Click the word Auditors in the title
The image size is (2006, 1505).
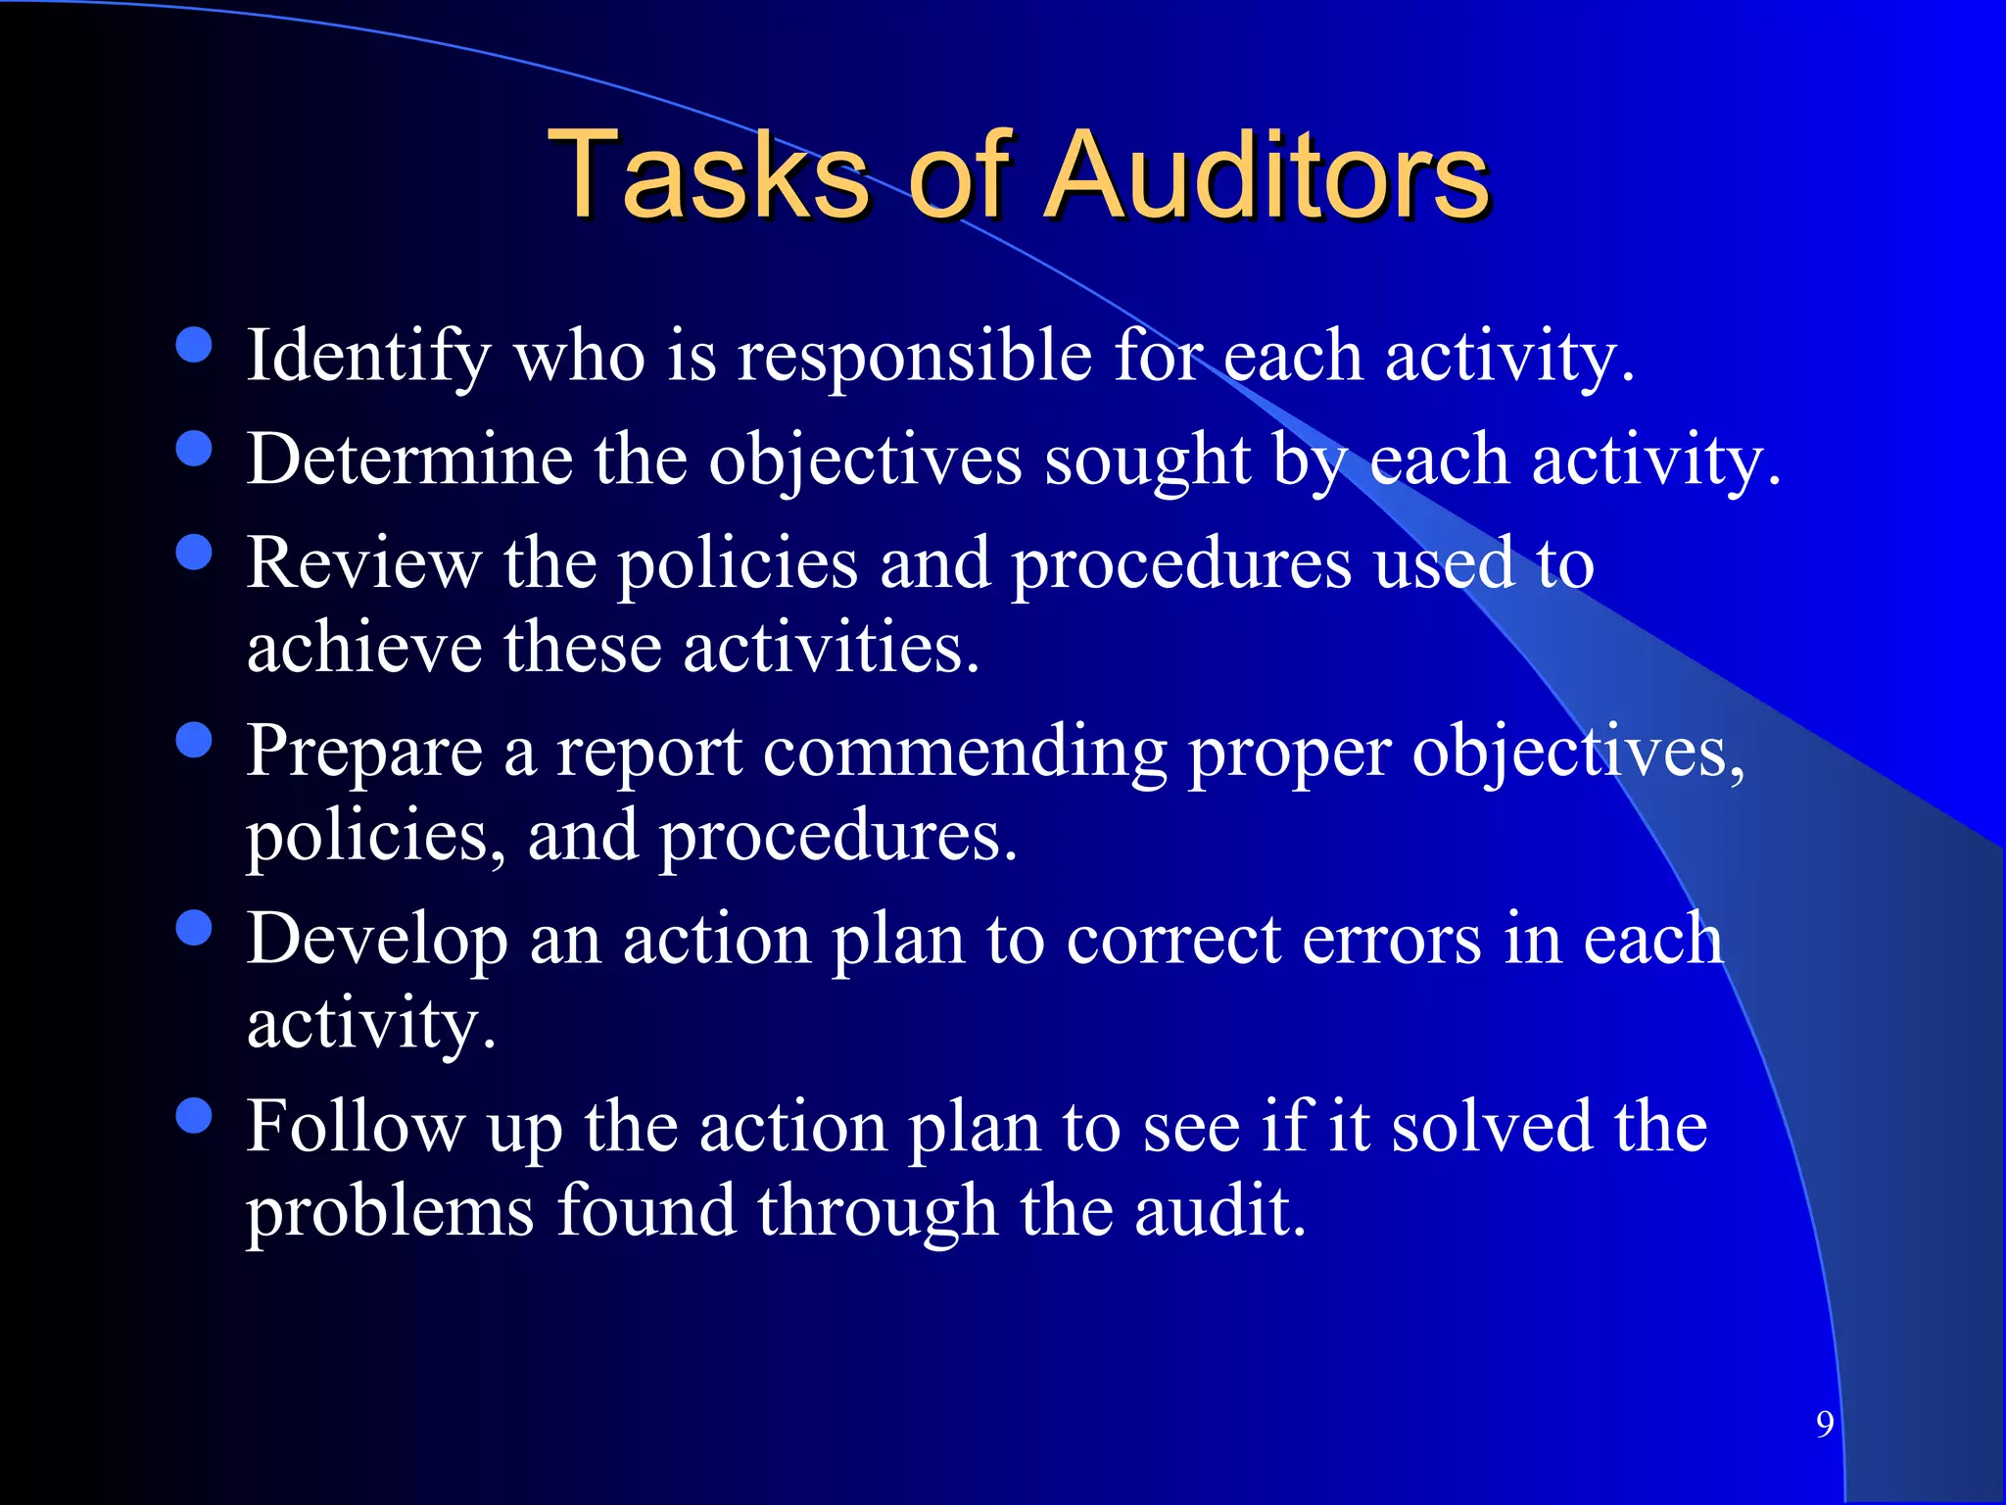[1267, 176]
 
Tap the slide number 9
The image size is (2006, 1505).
[1825, 1424]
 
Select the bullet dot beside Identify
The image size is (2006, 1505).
[194, 345]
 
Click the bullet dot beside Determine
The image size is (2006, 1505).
[194, 449]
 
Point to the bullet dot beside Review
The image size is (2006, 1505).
[194, 552]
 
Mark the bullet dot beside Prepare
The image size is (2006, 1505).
[194, 740]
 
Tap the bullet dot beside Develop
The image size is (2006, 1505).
[194, 928]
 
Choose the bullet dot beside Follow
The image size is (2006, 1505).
[194, 1115]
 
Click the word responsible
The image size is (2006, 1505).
[914, 357]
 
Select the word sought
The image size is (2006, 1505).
[1147, 461]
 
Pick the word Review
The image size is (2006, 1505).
[363, 564]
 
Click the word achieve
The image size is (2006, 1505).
[363, 649]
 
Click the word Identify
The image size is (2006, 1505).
[368, 357]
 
